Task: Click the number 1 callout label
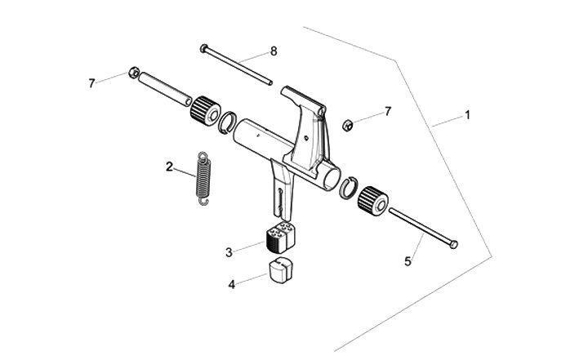click(x=467, y=115)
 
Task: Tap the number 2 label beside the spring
click(x=169, y=167)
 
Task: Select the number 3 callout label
click(x=229, y=251)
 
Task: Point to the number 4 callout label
click(x=231, y=284)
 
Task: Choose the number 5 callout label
click(x=409, y=261)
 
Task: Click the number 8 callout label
click(x=274, y=51)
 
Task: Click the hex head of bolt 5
click(x=454, y=244)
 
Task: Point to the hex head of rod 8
click(x=203, y=48)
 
